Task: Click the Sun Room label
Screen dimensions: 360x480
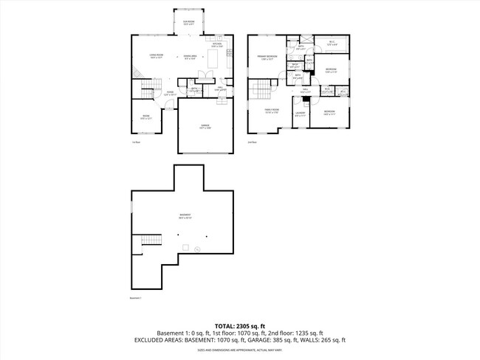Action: [189, 22]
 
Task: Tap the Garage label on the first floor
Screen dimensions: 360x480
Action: [205, 126]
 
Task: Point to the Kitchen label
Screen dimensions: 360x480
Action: [217, 45]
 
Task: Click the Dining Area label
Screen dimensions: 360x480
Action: [190, 58]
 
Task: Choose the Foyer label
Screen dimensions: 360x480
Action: [169, 93]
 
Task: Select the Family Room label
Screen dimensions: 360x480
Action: [272, 111]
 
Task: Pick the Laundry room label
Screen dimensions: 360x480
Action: [300, 114]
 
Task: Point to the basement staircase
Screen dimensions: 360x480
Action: [151, 241]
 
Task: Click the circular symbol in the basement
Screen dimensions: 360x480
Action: [197, 249]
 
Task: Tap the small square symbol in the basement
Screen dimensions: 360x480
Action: [187, 246]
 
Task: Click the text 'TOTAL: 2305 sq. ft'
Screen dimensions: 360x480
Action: [239, 325]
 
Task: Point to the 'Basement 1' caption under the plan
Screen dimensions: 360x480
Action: [134, 299]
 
